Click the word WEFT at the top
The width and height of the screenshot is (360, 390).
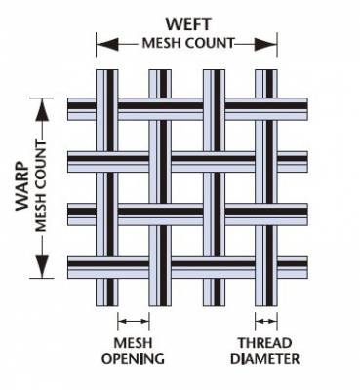(186, 21)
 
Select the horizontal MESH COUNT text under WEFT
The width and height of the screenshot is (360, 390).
(186, 42)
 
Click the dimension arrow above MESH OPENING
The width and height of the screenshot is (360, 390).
(133, 320)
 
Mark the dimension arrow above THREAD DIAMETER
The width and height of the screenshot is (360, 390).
(265, 320)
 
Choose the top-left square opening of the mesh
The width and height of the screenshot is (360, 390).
(133, 135)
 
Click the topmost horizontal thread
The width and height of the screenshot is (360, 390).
(186, 107)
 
